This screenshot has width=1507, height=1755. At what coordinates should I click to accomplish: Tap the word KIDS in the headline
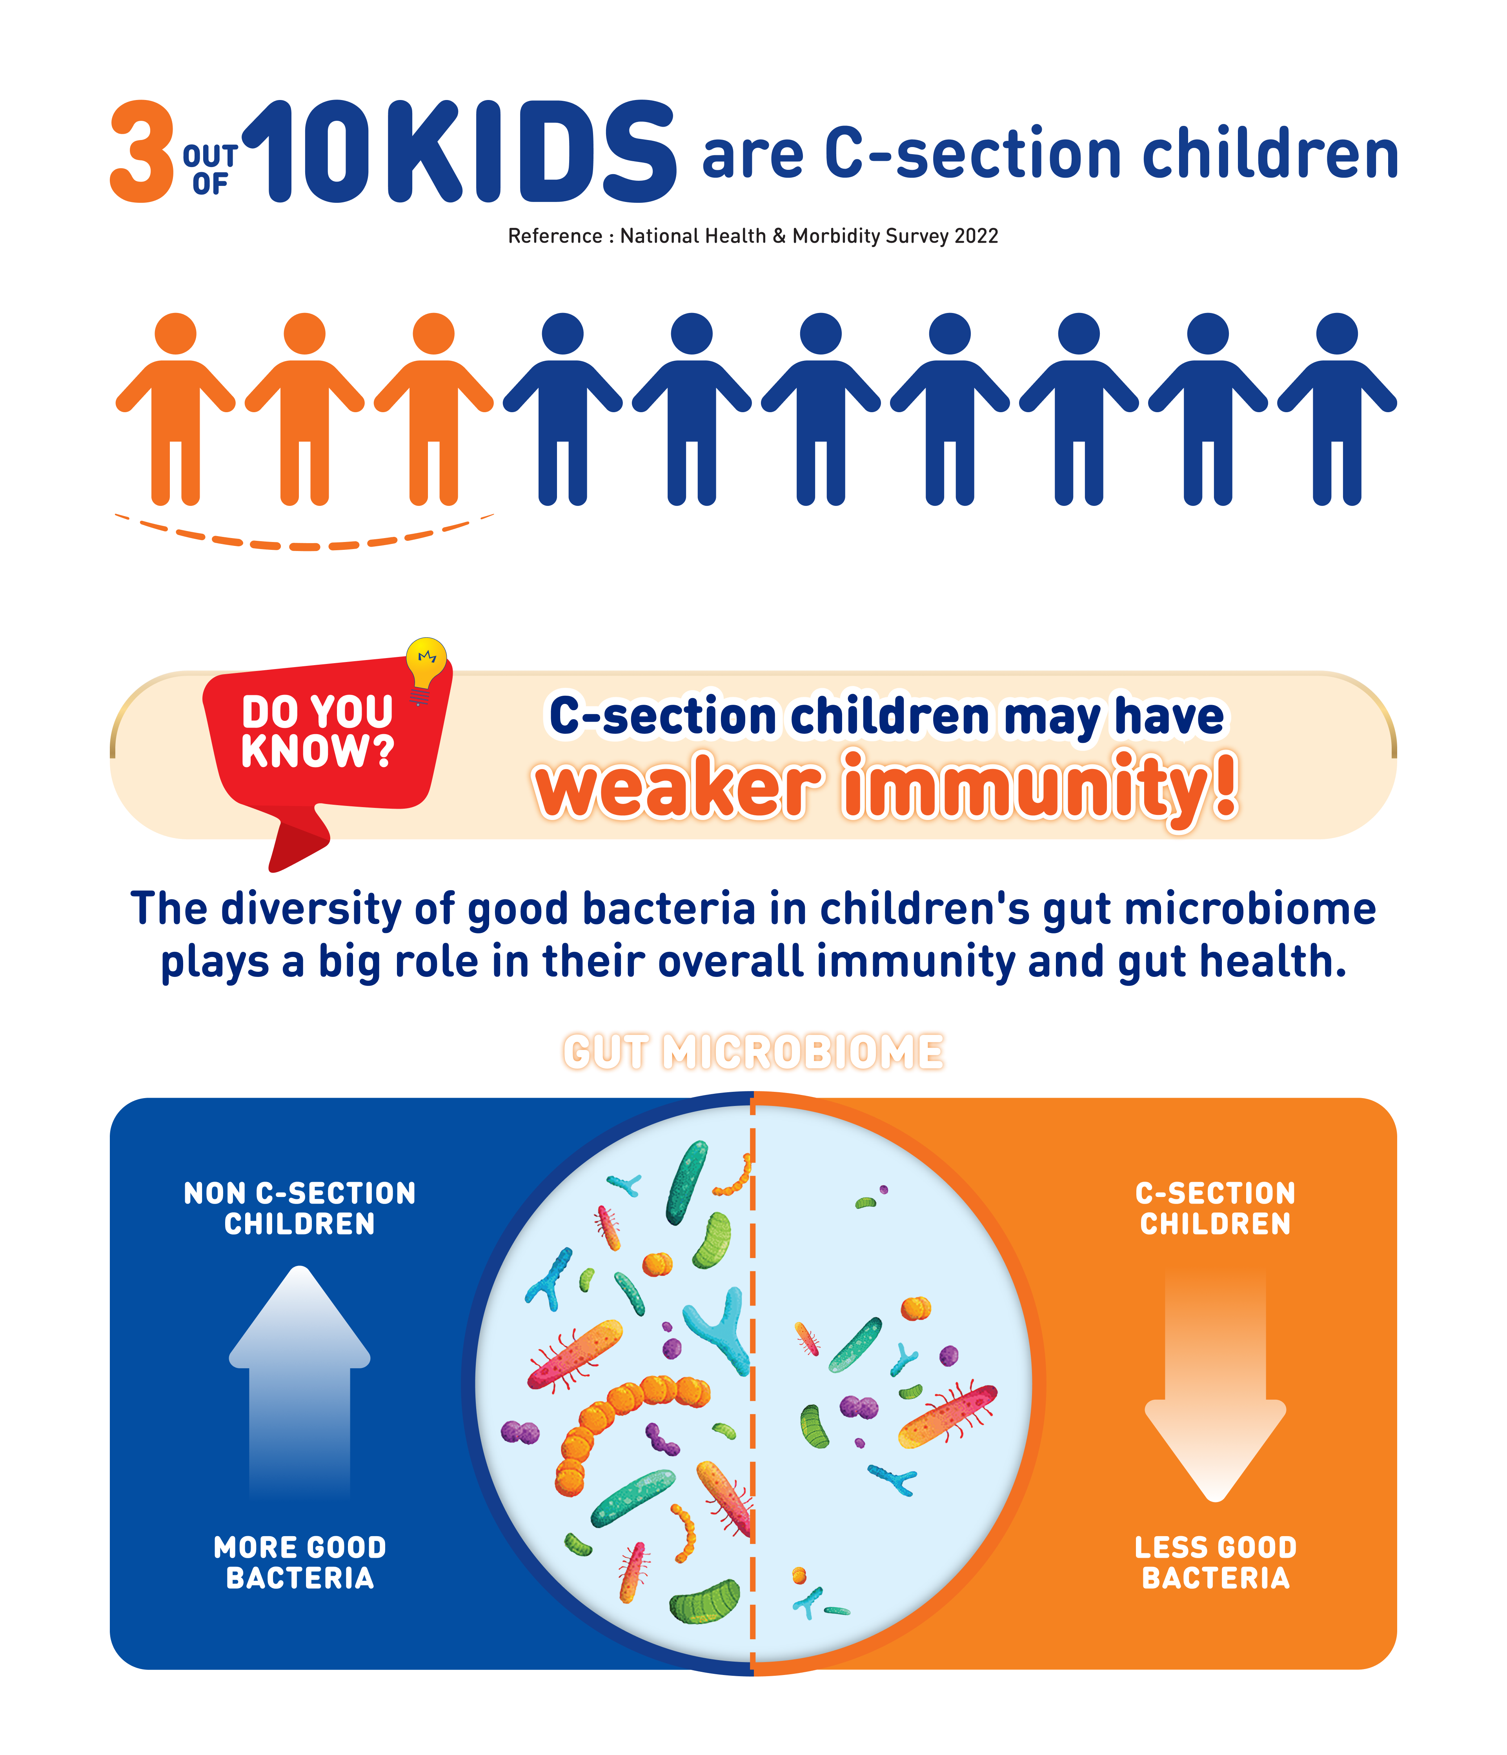(x=531, y=153)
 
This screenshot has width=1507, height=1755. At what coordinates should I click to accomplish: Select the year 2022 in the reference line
(x=976, y=236)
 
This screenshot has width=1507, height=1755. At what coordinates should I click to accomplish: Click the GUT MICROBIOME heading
(x=753, y=1052)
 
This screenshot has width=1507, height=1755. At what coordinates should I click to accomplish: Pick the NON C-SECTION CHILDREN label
(x=300, y=1209)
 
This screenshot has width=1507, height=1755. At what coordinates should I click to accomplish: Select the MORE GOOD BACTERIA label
(x=300, y=1563)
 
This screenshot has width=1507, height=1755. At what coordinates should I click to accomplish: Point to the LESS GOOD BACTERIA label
(x=1216, y=1563)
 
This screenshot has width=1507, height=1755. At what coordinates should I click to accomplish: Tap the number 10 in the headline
(x=307, y=153)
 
